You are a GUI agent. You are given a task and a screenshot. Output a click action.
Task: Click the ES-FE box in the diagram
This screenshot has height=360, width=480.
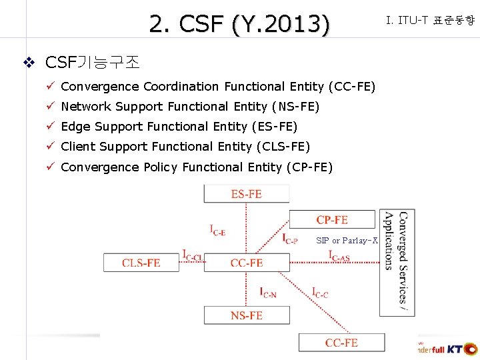tap(247, 194)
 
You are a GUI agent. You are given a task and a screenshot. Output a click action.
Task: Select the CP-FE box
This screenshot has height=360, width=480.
tap(332, 219)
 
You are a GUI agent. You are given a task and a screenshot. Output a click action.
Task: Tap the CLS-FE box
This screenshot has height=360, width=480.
tap(141, 263)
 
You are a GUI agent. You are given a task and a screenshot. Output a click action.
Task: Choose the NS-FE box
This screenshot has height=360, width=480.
tap(247, 315)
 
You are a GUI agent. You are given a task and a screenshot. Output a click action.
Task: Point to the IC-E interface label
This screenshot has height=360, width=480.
tap(217, 231)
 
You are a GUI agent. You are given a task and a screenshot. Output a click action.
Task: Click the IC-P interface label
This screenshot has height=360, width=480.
tap(290, 238)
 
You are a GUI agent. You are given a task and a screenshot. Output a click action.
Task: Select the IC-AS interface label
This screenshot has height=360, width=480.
tap(339, 255)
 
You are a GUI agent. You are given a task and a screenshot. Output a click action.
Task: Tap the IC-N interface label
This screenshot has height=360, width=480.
tap(268, 291)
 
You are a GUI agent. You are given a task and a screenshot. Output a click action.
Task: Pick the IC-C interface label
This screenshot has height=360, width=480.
tap(320, 291)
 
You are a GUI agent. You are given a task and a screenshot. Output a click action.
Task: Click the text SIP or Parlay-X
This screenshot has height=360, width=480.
tap(347, 240)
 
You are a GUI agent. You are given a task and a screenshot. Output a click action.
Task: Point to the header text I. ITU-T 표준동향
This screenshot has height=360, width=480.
tap(430, 21)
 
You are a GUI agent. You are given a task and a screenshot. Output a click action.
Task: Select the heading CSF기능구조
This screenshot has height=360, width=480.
tap(92, 63)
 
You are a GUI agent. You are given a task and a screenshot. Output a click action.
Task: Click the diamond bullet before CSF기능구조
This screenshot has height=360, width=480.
tap(29, 63)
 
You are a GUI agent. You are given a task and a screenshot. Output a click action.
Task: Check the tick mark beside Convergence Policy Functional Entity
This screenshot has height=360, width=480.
tap(51, 167)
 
